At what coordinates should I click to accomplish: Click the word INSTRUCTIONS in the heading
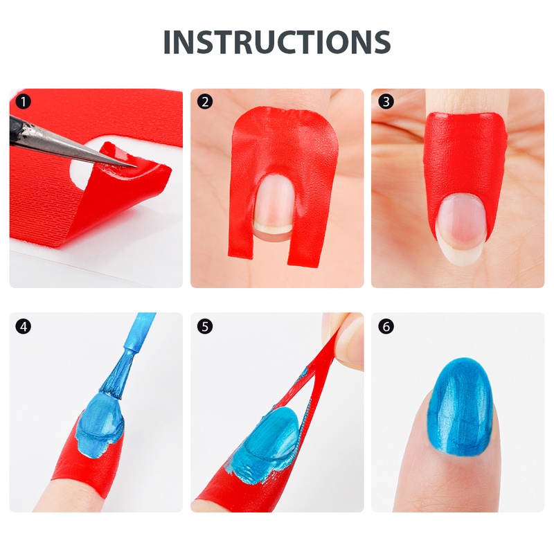[276, 42]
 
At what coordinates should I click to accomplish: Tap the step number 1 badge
[24, 102]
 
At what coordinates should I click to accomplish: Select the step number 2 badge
[205, 102]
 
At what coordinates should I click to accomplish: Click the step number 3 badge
[386, 102]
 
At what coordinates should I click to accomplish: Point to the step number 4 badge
[24, 326]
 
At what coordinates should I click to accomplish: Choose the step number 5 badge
[205, 326]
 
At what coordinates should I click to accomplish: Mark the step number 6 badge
[386, 326]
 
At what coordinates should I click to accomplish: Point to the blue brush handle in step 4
[138, 332]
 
